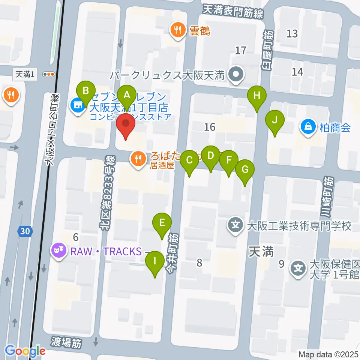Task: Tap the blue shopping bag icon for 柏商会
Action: (x=309, y=127)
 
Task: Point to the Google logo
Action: (x=25, y=351)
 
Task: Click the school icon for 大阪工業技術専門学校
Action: (x=235, y=226)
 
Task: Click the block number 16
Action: (x=210, y=127)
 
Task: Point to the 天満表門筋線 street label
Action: (x=233, y=11)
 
